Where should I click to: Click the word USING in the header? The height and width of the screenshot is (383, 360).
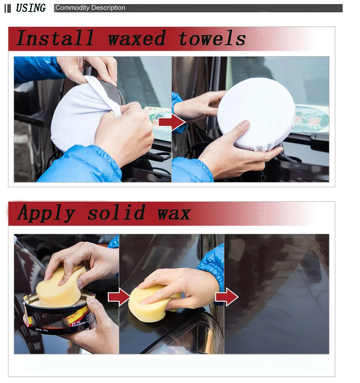(x=31, y=8)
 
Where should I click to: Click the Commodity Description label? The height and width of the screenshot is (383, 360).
(x=90, y=8)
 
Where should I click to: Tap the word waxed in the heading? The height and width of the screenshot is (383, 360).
(x=137, y=39)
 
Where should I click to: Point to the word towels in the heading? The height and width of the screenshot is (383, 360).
(x=212, y=39)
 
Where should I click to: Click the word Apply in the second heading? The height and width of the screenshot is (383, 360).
(x=46, y=213)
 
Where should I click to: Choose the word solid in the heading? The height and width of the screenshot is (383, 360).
(x=116, y=213)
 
